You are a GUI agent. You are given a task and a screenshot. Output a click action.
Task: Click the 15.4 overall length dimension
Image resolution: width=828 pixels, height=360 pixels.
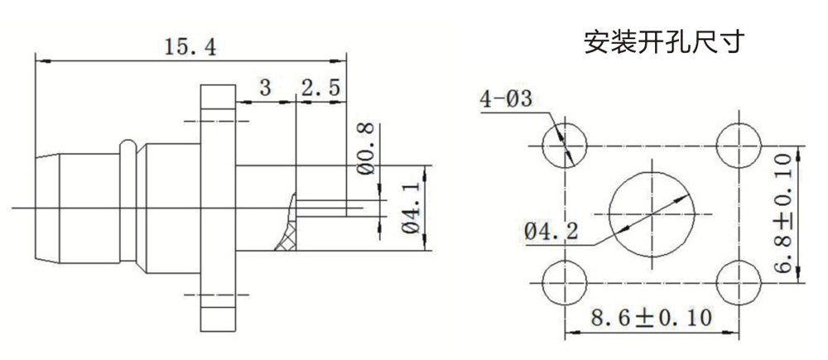[x=190, y=48]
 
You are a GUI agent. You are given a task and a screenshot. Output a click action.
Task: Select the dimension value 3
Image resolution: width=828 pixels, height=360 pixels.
[x=265, y=88]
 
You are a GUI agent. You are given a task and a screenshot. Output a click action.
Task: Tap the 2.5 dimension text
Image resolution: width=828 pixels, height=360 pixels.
[x=320, y=88]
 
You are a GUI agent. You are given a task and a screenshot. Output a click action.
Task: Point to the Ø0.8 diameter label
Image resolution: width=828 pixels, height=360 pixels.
[x=368, y=149]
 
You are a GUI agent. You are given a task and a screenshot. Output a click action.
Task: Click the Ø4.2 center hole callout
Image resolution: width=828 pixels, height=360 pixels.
[x=551, y=231]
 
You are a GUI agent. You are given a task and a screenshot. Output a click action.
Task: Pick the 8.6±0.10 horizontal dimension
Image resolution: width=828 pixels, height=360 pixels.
[x=651, y=318]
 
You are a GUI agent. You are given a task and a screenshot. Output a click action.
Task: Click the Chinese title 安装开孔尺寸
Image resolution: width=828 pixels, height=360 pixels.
[x=664, y=42]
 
